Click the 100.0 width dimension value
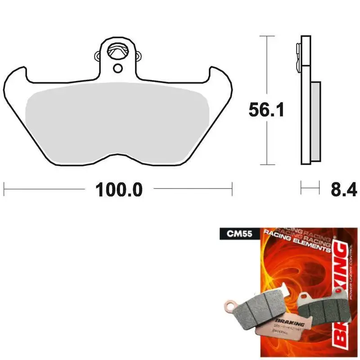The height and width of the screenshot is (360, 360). pyautogui.click(x=118, y=189)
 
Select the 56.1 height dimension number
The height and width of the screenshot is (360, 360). pyautogui.click(x=266, y=109)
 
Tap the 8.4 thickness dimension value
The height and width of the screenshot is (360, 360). pyautogui.click(x=344, y=189)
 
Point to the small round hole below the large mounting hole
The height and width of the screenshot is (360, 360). pyautogui.click(x=118, y=68)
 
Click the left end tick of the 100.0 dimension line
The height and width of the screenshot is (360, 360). pyautogui.click(x=4, y=189)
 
